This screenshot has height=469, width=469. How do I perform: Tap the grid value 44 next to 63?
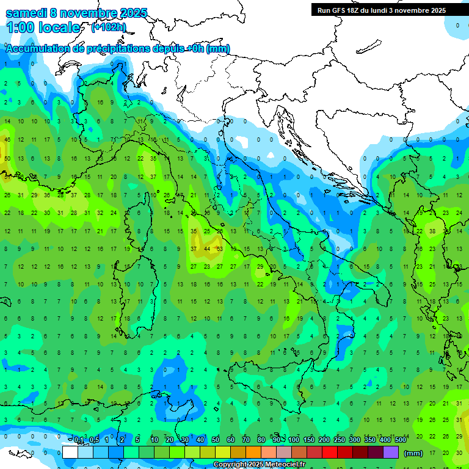click(207, 249)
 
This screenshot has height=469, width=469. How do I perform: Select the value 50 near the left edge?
click(7, 159)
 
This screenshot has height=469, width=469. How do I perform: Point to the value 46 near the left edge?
click(7, 140)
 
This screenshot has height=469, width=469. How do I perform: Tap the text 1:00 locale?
click(43, 27)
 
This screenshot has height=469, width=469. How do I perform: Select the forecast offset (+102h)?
click(108, 27)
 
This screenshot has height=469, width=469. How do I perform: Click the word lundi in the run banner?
click(398, 10)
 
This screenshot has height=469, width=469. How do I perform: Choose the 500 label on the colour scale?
click(400, 440)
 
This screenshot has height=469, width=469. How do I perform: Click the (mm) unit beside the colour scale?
click(413, 453)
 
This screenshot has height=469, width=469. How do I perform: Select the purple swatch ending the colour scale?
click(391, 453)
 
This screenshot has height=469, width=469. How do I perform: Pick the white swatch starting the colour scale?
click(70, 453)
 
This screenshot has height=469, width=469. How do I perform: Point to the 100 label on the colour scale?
click(294, 440)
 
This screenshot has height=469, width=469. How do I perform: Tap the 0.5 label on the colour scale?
click(94, 440)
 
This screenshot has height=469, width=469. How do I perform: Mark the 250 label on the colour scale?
click(340, 440)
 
